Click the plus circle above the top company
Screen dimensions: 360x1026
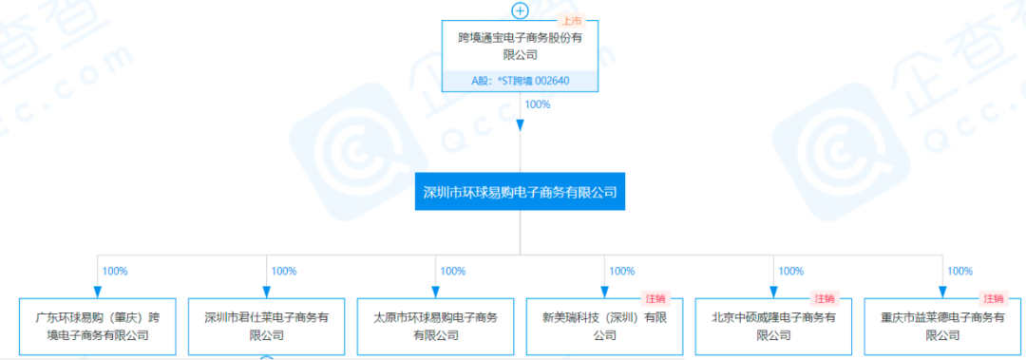point(520,11)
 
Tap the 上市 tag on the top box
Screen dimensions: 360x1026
point(573,22)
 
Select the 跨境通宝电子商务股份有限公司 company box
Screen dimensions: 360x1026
point(520,47)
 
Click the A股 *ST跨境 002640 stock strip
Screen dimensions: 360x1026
point(520,81)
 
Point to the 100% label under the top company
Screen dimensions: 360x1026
point(538,104)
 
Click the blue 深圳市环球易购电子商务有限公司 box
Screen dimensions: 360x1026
point(520,192)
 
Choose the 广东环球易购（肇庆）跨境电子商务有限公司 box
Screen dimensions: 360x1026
point(97,326)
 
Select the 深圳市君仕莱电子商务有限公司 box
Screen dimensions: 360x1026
point(266,326)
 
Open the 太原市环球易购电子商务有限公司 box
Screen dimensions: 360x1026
point(435,326)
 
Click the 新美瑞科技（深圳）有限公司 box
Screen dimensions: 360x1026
point(604,326)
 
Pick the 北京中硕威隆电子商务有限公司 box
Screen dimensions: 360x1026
point(773,326)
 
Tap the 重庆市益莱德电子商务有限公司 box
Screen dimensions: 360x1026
point(942,326)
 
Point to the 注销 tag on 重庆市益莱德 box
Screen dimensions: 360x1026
point(994,299)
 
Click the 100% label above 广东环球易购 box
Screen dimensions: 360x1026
point(115,272)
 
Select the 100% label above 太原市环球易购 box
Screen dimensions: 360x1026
point(453,272)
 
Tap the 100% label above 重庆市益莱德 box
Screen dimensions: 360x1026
point(960,272)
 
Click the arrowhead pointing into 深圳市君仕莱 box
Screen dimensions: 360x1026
point(266,292)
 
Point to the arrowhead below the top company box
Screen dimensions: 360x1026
point(520,125)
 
